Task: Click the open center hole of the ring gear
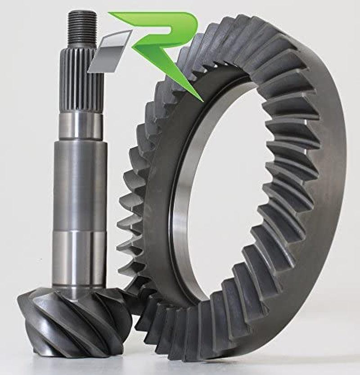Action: [x=225, y=189]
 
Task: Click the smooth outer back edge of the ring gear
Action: [x=333, y=189]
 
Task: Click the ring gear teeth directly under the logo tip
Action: [x=198, y=113]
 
